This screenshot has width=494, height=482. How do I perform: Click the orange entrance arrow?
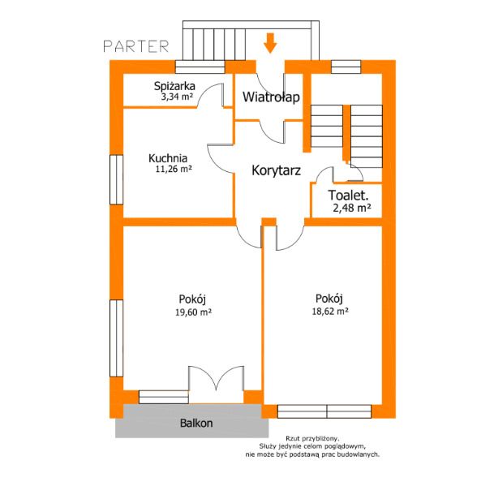click(x=270, y=43)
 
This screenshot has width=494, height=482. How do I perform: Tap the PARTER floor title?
click(x=136, y=46)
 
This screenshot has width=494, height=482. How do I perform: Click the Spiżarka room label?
click(x=174, y=86)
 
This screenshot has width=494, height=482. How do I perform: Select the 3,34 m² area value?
click(x=177, y=96)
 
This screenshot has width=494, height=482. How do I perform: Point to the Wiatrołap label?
click(x=271, y=97)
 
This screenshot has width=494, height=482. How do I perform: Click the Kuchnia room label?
click(x=168, y=158)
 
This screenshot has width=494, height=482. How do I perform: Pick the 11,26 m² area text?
click(x=174, y=169)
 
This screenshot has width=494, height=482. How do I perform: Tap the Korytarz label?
click(x=276, y=170)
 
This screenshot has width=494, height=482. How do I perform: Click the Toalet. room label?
click(x=348, y=195)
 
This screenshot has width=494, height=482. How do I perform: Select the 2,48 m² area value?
click(x=351, y=208)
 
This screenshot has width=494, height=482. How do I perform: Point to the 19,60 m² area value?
click(x=193, y=312)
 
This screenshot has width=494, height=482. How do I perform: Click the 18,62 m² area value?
click(x=330, y=312)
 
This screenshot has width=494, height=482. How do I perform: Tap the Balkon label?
click(x=196, y=423)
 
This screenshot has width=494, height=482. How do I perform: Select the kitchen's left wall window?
click(x=116, y=179)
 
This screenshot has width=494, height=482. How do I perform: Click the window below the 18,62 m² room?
click(x=324, y=411)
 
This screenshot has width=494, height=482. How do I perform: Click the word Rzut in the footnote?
click(x=293, y=438)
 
